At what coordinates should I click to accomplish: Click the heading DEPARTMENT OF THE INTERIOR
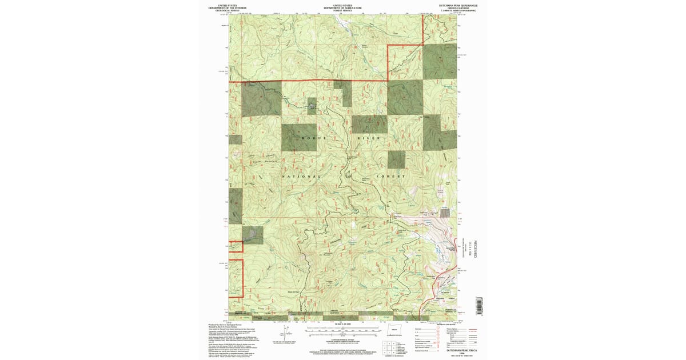[223, 8]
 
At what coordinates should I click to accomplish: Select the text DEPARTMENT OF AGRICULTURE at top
[342, 8]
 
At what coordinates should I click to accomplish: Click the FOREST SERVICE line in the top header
[342, 10]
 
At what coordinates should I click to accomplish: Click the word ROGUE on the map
[313, 138]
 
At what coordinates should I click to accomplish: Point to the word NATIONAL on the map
[302, 177]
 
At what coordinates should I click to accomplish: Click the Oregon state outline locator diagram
[390, 333]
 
